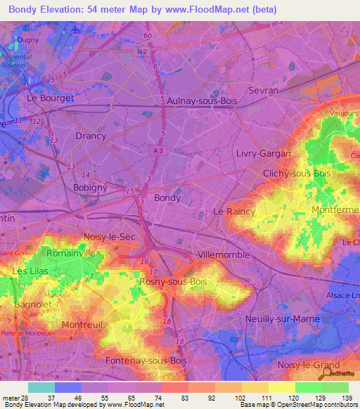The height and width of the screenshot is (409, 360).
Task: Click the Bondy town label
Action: pyautogui.click(x=167, y=198)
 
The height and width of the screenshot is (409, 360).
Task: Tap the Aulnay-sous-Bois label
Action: pyautogui.click(x=202, y=101)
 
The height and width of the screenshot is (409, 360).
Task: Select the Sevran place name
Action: pyautogui.click(x=264, y=91)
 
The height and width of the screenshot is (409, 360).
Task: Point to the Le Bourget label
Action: pyautogui.click(x=50, y=98)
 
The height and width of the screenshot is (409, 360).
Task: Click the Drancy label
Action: pyautogui.click(x=90, y=136)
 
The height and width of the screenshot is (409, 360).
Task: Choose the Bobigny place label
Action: pyautogui.click(x=90, y=188)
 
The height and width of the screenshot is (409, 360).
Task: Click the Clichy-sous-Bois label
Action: pyautogui.click(x=296, y=173)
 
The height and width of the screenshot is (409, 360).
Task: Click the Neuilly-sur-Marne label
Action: pyautogui.click(x=283, y=319)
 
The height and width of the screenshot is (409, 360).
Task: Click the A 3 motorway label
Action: pyautogui.click(x=157, y=150)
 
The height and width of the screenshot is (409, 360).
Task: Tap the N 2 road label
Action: pyautogui.click(x=143, y=51)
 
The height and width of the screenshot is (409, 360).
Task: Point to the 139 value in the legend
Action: pyautogui.click(x=346, y=398)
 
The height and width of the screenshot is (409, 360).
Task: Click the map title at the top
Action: pyautogui.click(x=143, y=10)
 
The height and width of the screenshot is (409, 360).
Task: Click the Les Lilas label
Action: pyautogui.click(x=30, y=271)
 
